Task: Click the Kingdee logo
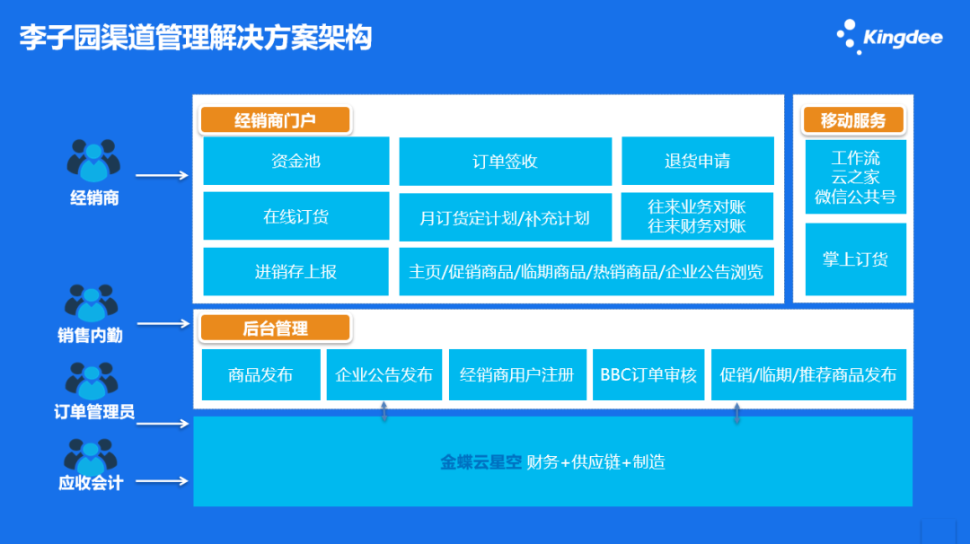[888, 37]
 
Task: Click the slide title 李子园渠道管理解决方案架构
[196, 39]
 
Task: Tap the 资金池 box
[296, 162]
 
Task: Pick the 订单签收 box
[505, 162]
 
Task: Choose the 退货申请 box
[697, 162]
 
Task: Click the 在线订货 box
[296, 216]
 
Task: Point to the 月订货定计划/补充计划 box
[505, 217]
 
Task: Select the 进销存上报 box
[296, 271]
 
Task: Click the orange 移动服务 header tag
[852, 120]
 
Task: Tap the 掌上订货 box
[855, 259]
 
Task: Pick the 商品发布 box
[260, 374]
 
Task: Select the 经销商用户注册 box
[517, 374]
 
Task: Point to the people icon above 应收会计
[93, 455]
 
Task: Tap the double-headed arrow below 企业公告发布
[384, 412]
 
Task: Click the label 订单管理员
[94, 412]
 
